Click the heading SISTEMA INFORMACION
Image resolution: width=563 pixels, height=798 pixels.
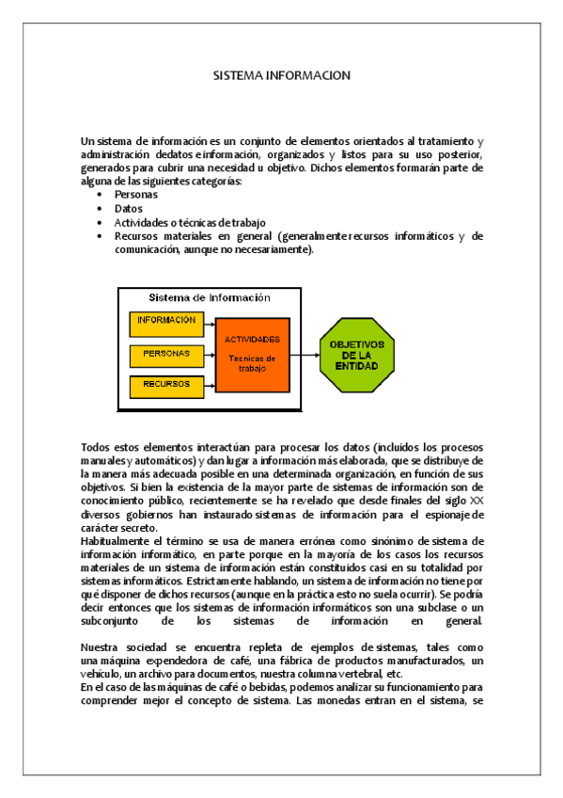click(x=281, y=74)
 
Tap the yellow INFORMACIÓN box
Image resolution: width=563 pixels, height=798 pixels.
click(x=166, y=321)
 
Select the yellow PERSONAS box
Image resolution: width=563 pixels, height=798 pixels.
click(x=166, y=354)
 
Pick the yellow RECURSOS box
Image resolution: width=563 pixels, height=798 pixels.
click(x=166, y=385)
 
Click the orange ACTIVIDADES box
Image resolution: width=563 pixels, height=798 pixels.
click(x=252, y=353)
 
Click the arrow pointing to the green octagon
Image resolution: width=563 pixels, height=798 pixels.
click(x=304, y=355)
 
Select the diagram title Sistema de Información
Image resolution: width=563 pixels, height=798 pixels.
click(x=210, y=297)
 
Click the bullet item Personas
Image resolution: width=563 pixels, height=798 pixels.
click(x=136, y=195)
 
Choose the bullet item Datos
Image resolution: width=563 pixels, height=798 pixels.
click(x=129, y=209)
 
